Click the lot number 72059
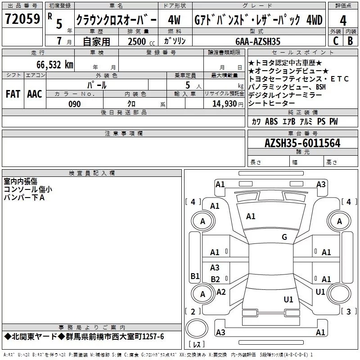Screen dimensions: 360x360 click(x=22, y=18)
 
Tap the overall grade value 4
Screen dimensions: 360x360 click(x=343, y=20)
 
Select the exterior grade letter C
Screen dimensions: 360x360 click(x=336, y=41)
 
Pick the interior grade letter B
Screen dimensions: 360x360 click(x=350, y=41)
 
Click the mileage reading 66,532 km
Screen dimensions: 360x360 click(x=55, y=65)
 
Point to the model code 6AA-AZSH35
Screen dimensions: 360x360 click(x=258, y=41)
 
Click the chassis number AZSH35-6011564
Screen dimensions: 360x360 click(x=302, y=143)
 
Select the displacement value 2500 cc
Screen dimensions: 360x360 click(x=141, y=41)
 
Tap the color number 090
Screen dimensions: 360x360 click(x=75, y=104)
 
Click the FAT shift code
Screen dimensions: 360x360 click(x=13, y=94)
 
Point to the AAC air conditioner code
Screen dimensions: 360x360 click(x=35, y=94)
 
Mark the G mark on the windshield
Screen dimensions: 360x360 click(x=284, y=237)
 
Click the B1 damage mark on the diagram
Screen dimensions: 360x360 click(x=195, y=276)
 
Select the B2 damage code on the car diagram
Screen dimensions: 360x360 click(x=215, y=279)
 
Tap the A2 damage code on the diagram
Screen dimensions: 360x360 click(x=221, y=292)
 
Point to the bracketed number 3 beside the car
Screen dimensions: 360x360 click(x=348, y=311)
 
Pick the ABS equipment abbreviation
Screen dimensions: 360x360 click(x=271, y=121)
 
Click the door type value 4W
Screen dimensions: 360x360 click(x=174, y=20)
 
